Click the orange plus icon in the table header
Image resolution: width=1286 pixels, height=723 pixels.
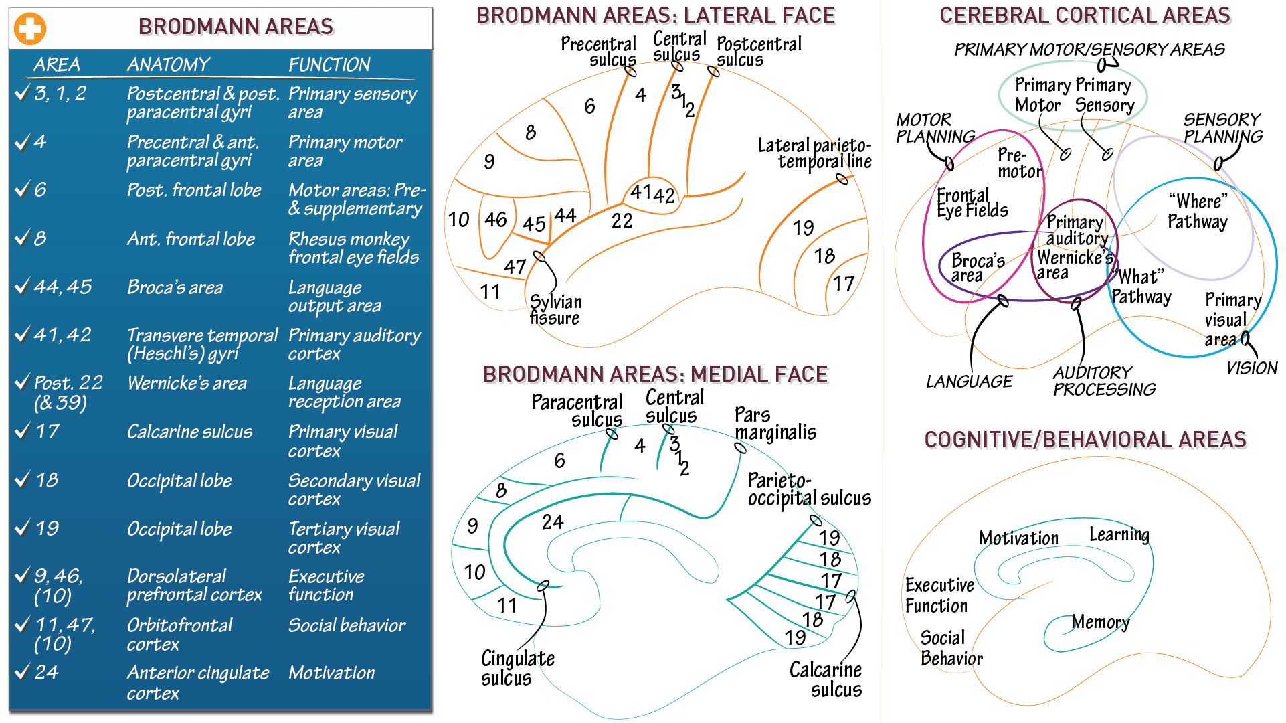click(x=30, y=28)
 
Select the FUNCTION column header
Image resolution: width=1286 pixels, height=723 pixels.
click(x=329, y=64)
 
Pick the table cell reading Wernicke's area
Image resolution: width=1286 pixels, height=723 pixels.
click(x=187, y=383)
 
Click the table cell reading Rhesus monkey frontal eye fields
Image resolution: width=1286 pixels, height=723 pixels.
click(x=353, y=248)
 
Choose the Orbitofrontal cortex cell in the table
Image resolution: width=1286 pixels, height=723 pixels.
click(x=179, y=634)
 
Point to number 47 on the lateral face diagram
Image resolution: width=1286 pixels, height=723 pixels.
click(x=515, y=266)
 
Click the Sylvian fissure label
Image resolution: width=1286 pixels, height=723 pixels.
click(x=555, y=309)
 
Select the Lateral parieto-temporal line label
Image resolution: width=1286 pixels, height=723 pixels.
click(x=814, y=153)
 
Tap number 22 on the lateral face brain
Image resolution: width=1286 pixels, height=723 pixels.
click(x=622, y=220)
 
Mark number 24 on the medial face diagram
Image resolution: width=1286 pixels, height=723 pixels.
click(x=553, y=521)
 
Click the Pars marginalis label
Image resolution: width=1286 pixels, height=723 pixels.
click(x=775, y=424)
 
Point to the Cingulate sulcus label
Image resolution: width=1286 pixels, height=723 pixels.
click(x=517, y=667)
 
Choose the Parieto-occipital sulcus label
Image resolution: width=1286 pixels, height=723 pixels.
click(x=809, y=489)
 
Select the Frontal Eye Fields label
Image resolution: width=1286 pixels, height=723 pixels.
click(x=972, y=203)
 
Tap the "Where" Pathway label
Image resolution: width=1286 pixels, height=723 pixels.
click(x=1198, y=211)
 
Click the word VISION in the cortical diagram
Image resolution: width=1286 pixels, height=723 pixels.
click(x=1251, y=368)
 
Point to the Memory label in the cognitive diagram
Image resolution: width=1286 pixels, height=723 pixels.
click(x=1100, y=622)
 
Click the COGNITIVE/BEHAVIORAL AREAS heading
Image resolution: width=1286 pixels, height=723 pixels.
click(x=1085, y=440)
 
